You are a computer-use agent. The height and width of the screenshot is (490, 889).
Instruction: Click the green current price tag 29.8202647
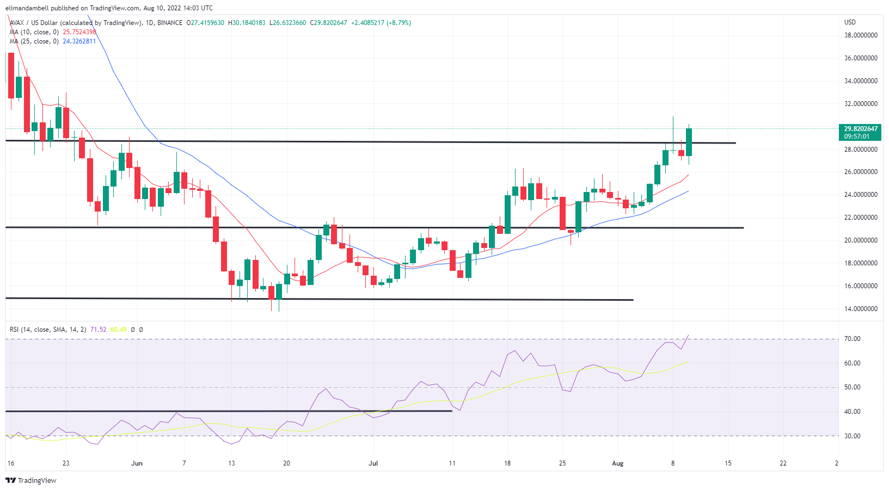point(860,129)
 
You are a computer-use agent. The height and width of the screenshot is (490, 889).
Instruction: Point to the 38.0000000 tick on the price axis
point(860,35)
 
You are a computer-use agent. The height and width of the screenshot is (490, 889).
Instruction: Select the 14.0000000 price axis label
point(860,309)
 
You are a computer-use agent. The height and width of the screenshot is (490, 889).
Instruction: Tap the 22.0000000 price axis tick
point(860,218)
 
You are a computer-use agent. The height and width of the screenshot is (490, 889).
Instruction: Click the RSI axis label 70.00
point(852,339)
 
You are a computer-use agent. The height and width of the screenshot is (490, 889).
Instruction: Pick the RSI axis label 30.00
point(852,436)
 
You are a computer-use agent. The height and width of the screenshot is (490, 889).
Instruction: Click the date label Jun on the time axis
point(137,463)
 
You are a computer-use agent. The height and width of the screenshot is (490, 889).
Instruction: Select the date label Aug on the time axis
point(617,463)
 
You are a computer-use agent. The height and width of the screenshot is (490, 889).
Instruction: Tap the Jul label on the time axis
point(373,463)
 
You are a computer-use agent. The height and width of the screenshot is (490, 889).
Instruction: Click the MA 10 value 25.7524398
point(79,32)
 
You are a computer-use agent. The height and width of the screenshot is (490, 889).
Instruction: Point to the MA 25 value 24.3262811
point(79,41)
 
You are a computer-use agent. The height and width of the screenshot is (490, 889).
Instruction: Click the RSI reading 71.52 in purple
point(98,330)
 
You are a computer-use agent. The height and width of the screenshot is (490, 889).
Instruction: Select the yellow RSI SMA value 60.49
point(118,330)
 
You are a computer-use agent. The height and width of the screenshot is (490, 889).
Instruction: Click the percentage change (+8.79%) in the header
point(398,23)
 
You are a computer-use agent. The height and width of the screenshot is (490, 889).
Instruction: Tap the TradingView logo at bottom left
point(31,481)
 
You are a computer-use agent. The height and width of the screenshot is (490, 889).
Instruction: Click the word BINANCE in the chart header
point(170,23)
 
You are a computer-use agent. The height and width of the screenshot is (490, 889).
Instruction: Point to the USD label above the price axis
point(850,22)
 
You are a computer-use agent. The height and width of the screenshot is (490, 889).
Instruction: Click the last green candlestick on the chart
point(689,142)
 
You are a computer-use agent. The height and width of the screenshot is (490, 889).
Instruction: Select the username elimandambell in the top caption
point(27,8)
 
